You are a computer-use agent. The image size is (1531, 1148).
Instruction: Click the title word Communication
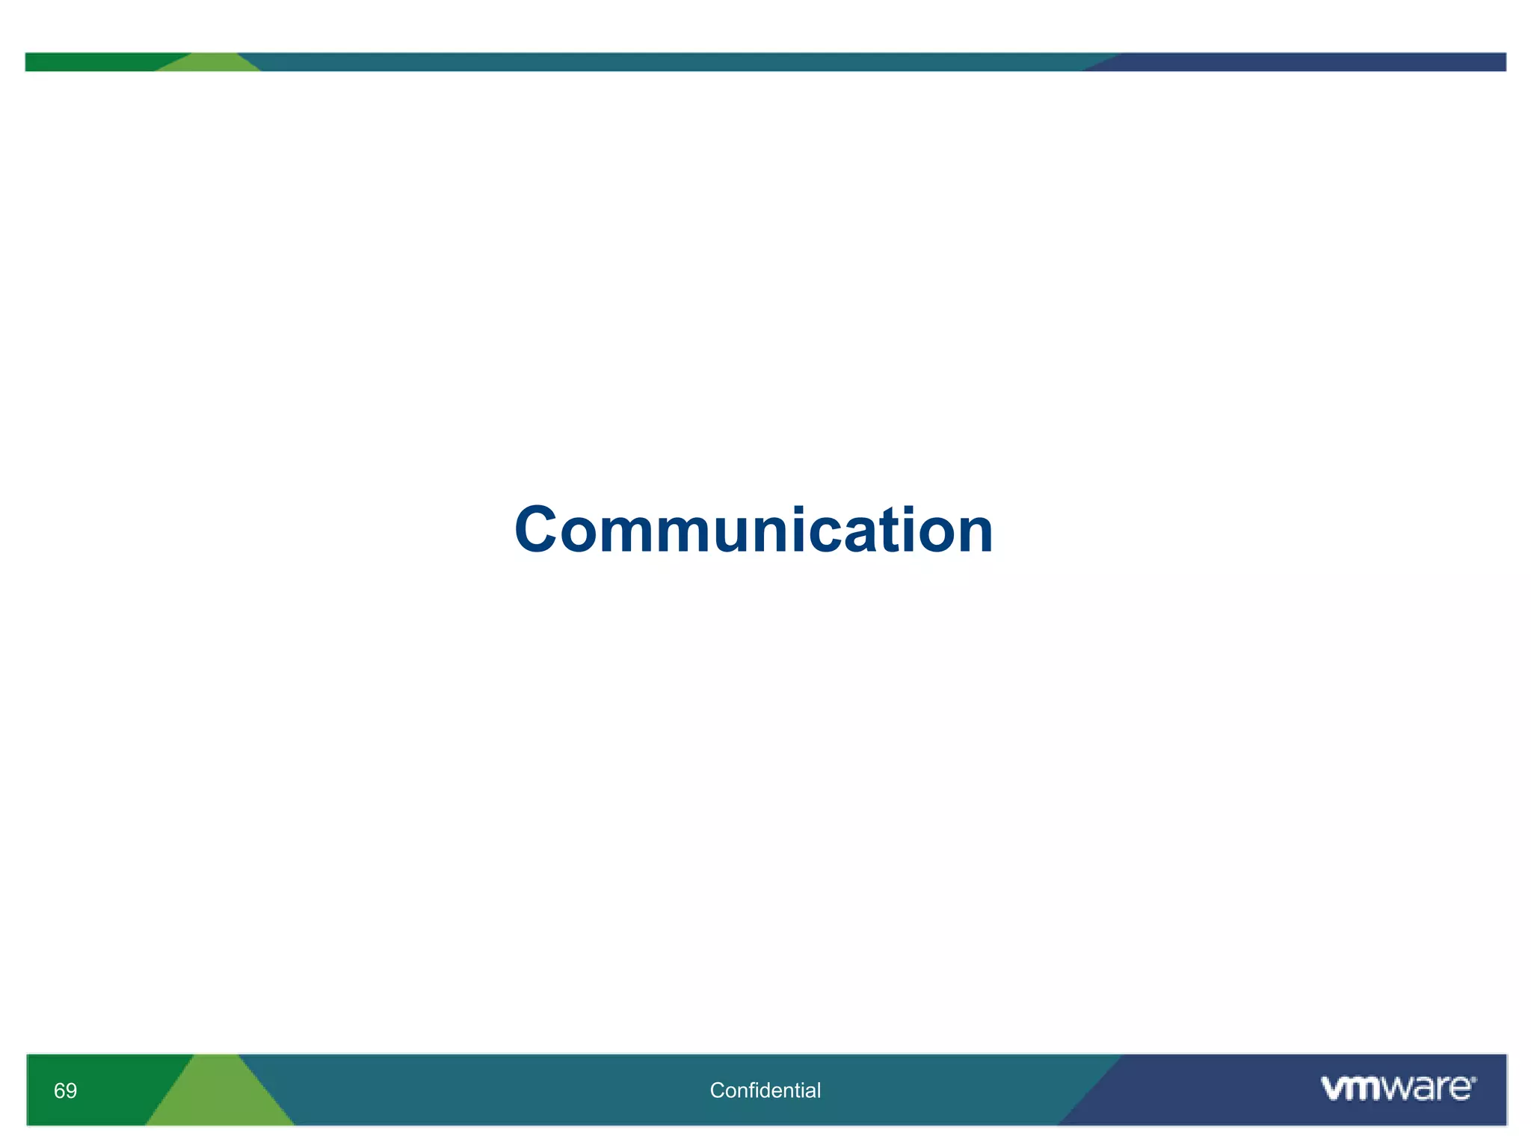(754, 530)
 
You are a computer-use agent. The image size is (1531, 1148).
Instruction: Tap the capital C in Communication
(537, 530)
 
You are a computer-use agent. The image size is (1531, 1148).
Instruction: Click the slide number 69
(65, 1090)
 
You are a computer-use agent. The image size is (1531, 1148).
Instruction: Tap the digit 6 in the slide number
(59, 1090)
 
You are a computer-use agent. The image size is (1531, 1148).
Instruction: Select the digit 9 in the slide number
(71, 1090)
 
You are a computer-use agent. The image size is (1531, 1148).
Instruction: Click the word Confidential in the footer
(765, 1090)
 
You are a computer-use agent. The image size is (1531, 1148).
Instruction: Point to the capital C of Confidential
(716, 1090)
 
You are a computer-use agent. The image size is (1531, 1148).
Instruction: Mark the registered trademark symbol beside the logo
(1473, 1079)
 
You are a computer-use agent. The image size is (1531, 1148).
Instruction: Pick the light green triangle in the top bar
(209, 64)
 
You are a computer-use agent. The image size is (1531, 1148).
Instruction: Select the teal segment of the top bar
(673, 62)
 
